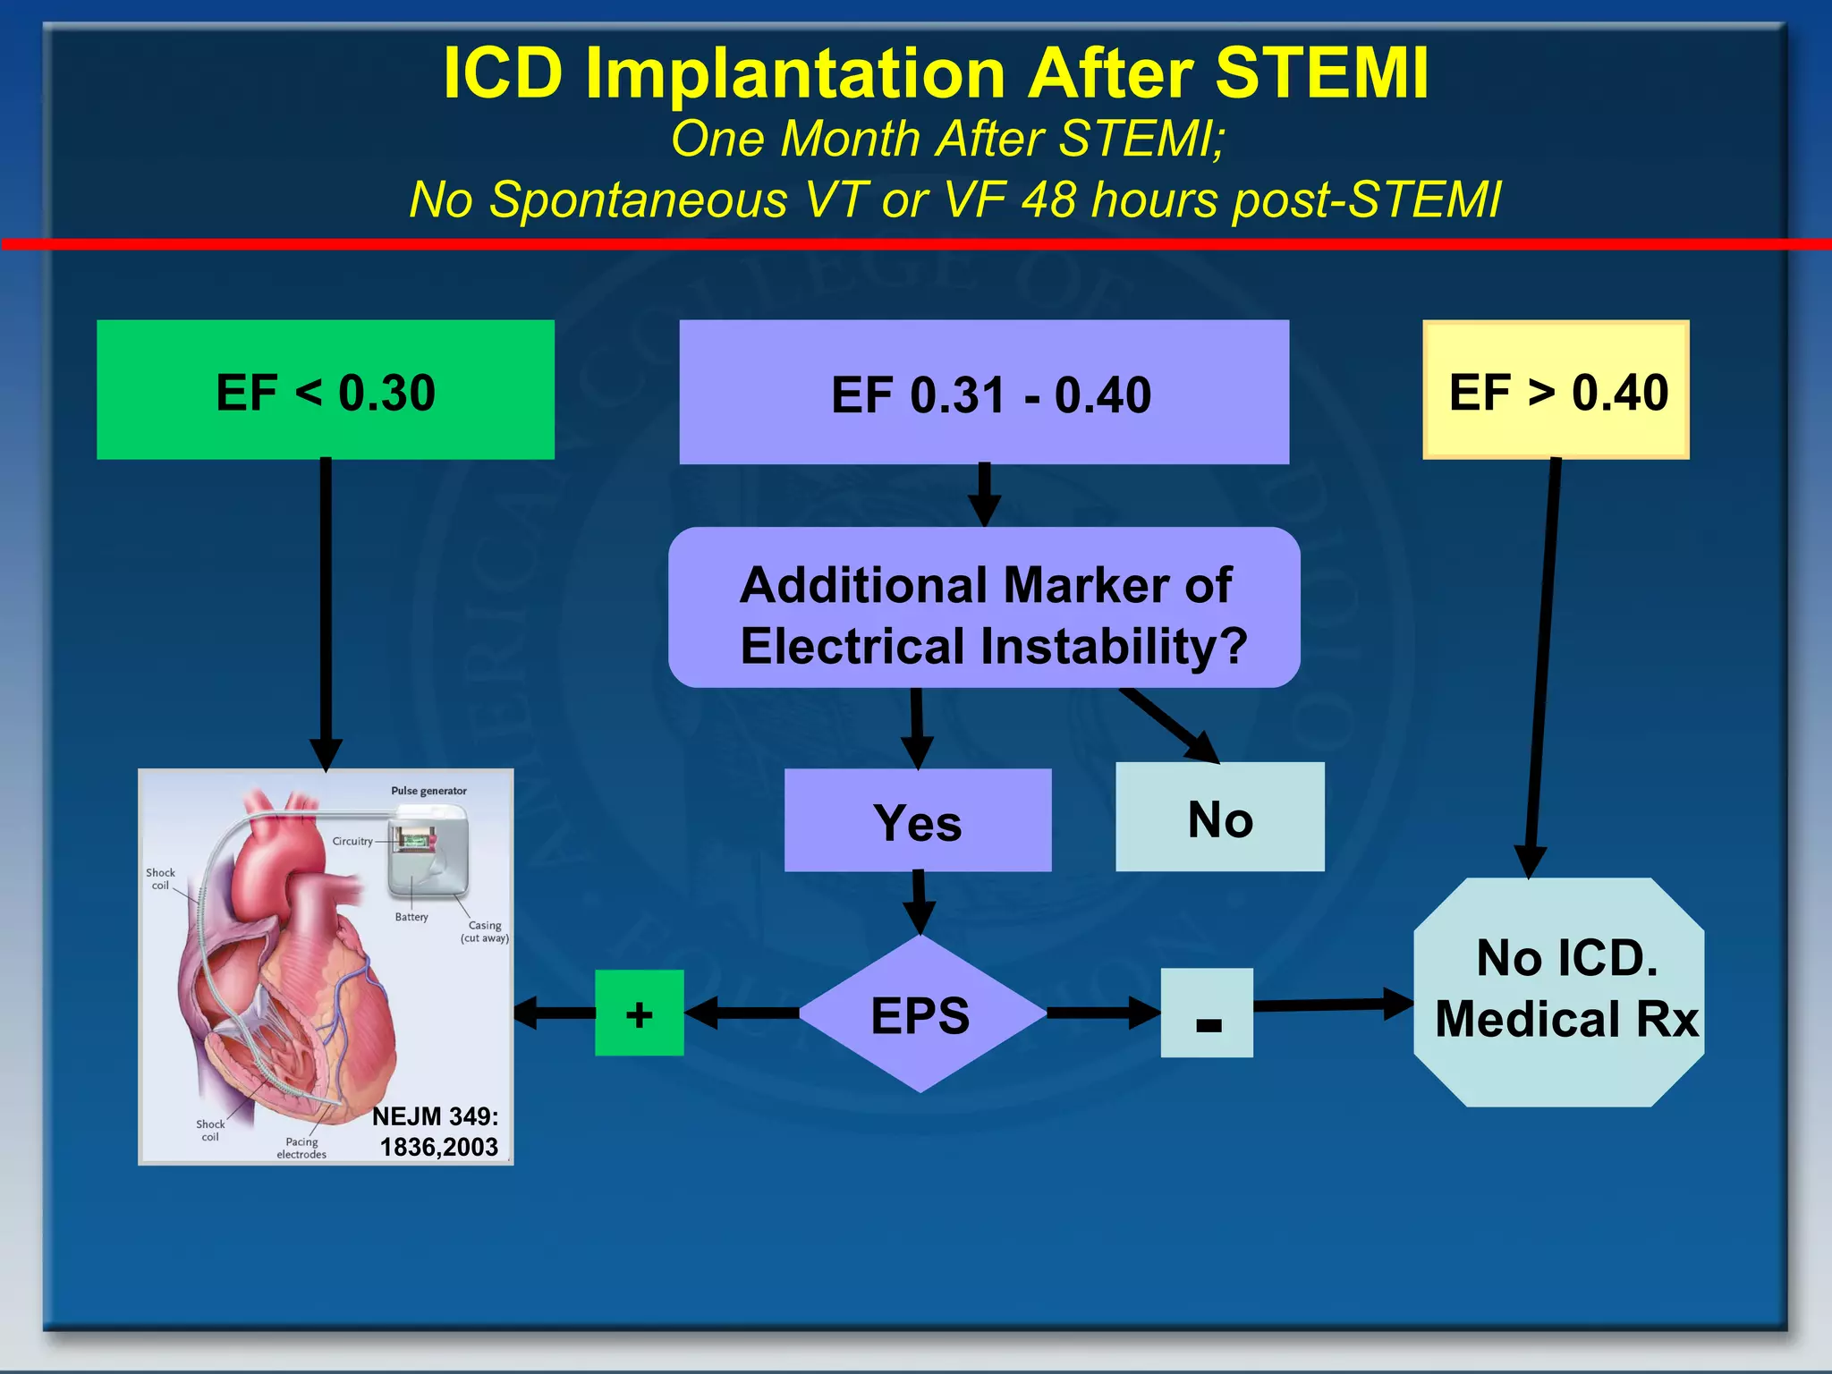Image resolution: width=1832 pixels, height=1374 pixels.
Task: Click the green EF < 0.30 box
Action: pos(326,390)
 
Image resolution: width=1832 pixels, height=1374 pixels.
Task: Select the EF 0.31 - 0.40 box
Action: pos(984,392)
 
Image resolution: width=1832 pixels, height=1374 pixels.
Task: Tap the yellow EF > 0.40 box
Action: pos(1556,390)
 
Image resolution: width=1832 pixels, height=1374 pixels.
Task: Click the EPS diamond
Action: pos(921,1014)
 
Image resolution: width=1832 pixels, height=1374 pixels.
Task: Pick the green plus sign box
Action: pos(639,1014)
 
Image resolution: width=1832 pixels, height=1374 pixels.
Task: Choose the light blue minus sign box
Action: pos(1207,1014)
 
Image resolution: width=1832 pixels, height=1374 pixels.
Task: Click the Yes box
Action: pos(918,820)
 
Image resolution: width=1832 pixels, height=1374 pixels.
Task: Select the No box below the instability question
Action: pos(1220,817)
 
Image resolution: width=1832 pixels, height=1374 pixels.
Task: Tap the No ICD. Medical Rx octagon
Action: pos(1559,992)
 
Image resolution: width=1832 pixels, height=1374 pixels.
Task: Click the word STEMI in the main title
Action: pos(1321,73)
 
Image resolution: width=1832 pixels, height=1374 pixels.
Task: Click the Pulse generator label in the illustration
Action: pos(428,791)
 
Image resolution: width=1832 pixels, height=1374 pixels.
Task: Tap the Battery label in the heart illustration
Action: pos(411,917)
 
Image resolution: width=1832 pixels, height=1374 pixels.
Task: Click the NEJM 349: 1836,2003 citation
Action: pos(437,1132)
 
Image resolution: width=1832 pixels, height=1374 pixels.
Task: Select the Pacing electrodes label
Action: pos(301,1148)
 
